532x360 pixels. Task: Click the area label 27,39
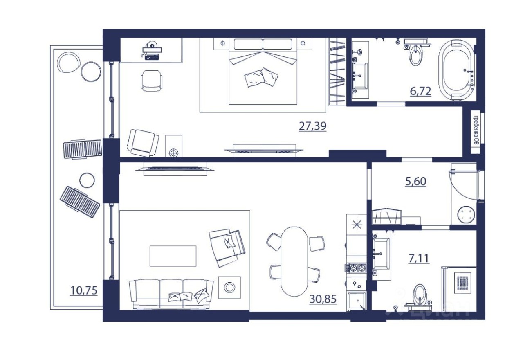coord(313,126)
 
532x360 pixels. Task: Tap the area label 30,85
coord(323,299)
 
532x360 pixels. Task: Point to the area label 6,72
coord(420,91)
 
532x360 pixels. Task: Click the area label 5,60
coord(416,182)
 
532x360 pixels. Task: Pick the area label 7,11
coord(419,258)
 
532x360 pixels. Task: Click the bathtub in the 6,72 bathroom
coord(456,70)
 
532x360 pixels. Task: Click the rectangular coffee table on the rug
coord(173,256)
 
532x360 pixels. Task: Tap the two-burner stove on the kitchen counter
coord(357,268)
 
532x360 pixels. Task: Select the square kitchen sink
coord(357,301)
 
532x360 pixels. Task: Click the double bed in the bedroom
coord(262,72)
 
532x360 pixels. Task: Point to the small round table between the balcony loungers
coord(87,180)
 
